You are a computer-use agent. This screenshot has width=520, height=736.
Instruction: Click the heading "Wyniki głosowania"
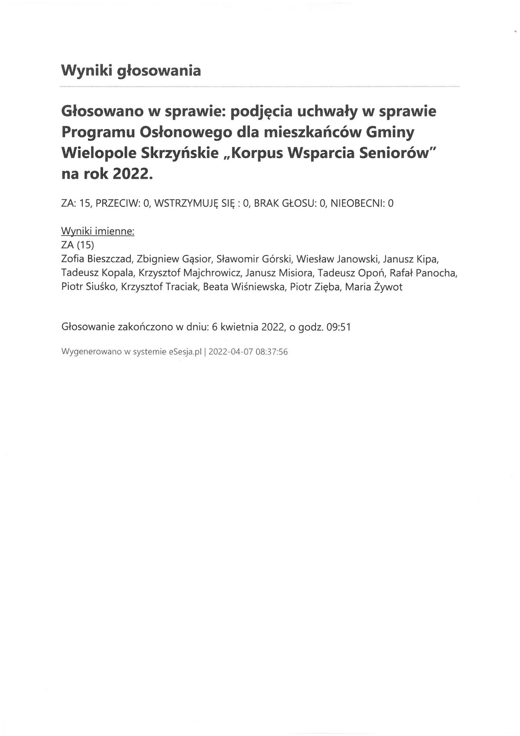[x=131, y=71]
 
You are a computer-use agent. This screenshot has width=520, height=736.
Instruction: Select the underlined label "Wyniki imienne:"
[x=98, y=231]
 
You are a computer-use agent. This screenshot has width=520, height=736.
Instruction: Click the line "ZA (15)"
[x=78, y=245]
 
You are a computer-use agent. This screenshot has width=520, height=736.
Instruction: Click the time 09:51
[x=339, y=327]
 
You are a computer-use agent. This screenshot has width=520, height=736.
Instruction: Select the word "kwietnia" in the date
[x=239, y=327]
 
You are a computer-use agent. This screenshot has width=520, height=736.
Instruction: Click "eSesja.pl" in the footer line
[x=185, y=352]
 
